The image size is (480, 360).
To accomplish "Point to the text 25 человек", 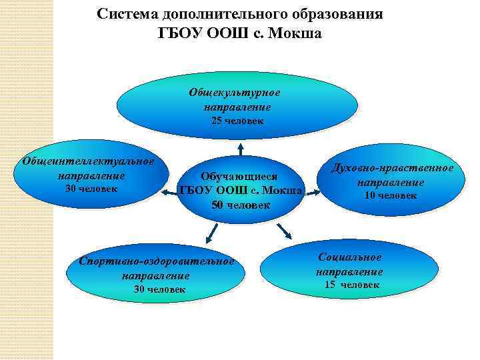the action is click(237, 121).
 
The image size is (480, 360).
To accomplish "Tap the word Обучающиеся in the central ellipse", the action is click(239, 177).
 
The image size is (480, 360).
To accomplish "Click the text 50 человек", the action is click(241, 205).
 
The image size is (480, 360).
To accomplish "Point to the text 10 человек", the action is click(391, 195).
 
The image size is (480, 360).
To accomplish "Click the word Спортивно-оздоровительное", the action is click(156, 261).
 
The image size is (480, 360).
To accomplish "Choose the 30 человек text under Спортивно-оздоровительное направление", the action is click(159, 289).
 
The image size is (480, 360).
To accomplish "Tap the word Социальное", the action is click(350, 257).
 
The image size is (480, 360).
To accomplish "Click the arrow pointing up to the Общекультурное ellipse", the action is click(240, 147).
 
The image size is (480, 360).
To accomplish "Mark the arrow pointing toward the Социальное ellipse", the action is click(285, 230).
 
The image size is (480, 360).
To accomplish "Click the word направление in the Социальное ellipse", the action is click(349, 272).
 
